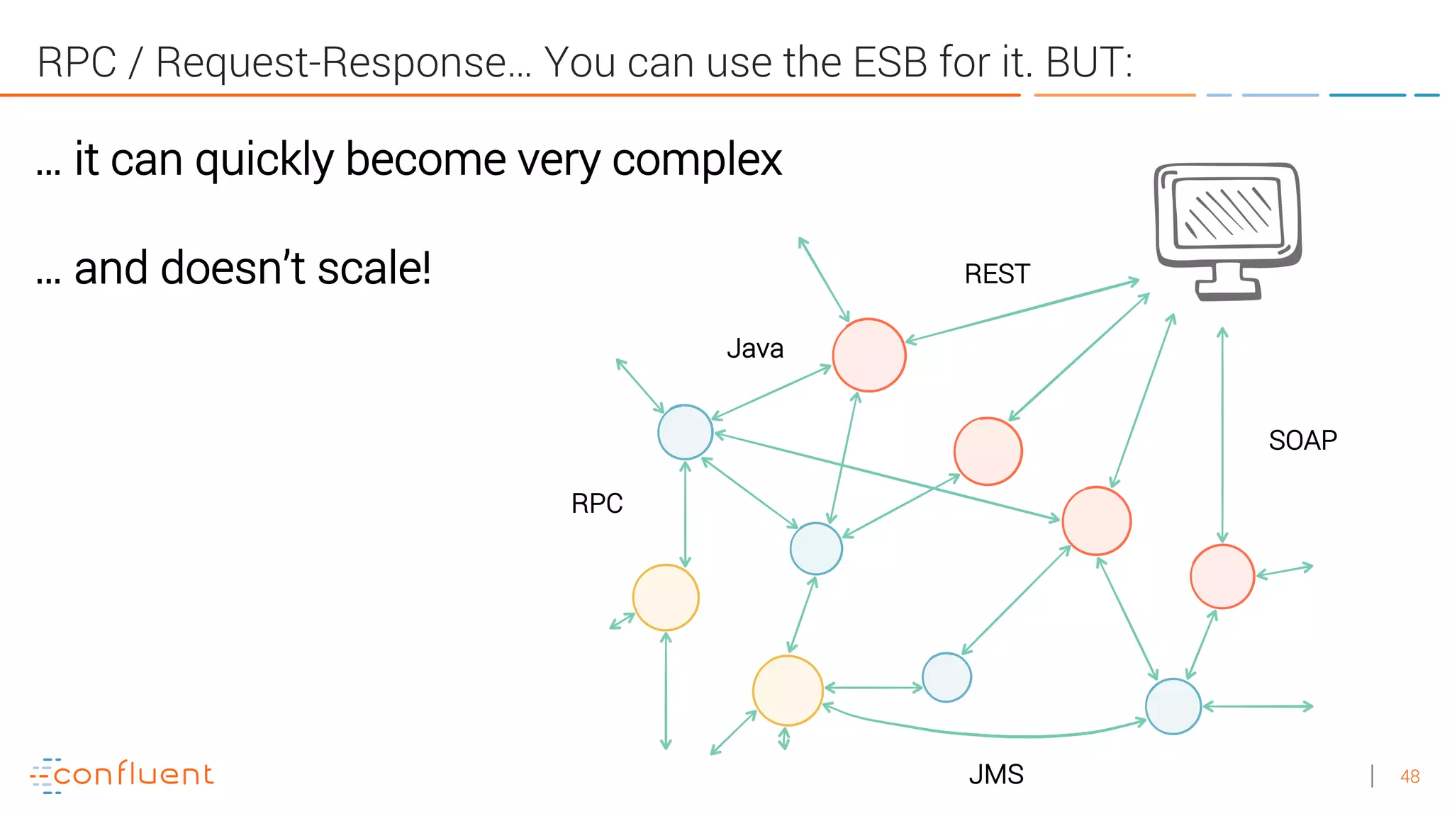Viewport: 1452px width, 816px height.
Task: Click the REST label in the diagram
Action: tap(996, 274)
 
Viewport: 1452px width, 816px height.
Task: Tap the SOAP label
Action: tap(1302, 441)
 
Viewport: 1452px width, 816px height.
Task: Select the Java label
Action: tap(755, 348)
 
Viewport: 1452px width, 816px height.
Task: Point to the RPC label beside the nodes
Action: tap(597, 504)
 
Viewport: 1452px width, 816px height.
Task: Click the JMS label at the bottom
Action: tap(995, 774)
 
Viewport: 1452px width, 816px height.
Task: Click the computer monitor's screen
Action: tap(1229, 212)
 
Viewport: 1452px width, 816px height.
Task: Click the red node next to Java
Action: tap(869, 355)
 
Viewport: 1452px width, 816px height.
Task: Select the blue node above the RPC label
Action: tap(685, 432)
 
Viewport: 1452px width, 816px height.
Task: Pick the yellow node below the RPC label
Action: tap(665, 597)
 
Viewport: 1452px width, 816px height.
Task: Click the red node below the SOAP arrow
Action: tap(1222, 576)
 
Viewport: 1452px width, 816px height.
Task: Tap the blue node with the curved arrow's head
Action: tap(1173, 706)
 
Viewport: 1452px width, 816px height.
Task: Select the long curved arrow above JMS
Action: tap(993, 735)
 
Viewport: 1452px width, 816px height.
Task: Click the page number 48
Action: tap(1409, 776)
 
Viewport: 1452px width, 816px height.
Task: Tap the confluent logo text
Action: tap(133, 774)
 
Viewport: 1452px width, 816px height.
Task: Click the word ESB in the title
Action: tap(890, 62)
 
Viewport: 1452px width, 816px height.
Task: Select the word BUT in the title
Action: tap(1088, 62)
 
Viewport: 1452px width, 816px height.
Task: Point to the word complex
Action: tap(696, 160)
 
